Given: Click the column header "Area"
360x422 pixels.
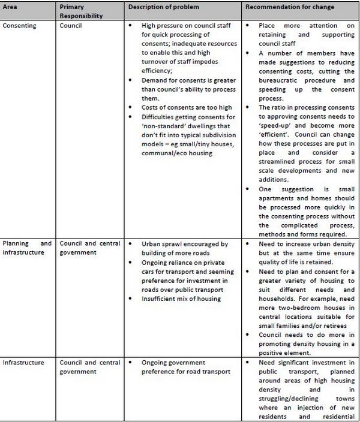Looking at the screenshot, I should tap(12, 7).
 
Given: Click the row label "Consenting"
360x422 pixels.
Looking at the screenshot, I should tap(20, 26).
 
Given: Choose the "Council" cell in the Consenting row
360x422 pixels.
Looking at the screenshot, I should tap(71, 26).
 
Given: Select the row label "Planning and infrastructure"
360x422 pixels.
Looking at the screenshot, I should tap(27, 248).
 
